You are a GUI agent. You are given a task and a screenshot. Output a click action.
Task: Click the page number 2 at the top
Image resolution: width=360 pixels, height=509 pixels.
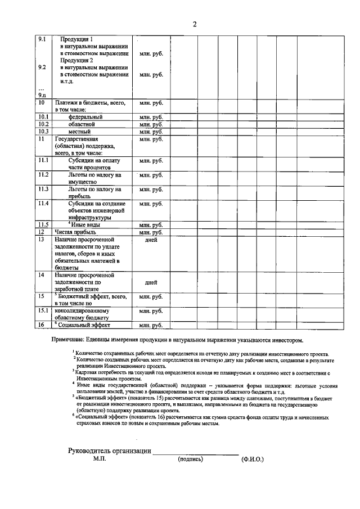click(x=194, y=24)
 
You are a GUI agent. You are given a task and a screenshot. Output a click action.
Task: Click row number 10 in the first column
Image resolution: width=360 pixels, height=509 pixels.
click(x=42, y=103)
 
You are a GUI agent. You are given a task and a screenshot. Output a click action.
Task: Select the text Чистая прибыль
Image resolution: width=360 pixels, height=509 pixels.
click(x=75, y=232)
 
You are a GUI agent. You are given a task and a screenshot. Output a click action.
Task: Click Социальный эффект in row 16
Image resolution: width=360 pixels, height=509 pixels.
click(x=84, y=325)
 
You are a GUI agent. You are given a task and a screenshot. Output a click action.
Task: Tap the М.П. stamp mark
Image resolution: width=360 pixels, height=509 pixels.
click(x=100, y=459)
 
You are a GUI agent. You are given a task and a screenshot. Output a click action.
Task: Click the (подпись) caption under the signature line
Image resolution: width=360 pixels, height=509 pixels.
click(x=190, y=459)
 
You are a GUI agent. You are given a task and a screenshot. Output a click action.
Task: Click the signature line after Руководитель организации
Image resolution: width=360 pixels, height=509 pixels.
click(x=196, y=453)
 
